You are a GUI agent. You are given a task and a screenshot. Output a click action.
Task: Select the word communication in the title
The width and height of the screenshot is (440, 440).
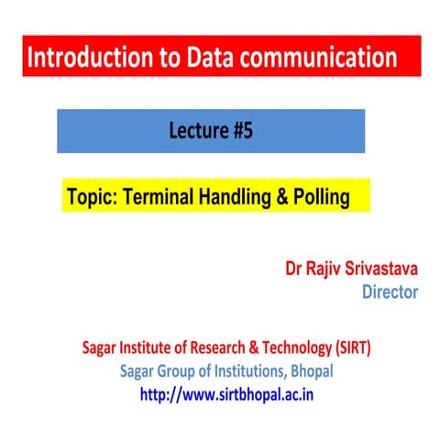(321, 58)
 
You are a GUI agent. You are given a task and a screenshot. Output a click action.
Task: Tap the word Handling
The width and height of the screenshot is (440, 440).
(242, 196)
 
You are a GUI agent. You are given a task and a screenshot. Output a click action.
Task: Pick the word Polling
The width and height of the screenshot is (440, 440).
(320, 196)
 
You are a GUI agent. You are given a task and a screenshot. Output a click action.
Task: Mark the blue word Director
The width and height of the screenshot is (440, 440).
(390, 292)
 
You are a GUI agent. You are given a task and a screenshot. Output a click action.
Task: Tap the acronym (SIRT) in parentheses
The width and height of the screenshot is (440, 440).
(346, 349)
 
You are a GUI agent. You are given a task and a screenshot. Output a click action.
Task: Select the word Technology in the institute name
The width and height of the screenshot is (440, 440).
(286, 349)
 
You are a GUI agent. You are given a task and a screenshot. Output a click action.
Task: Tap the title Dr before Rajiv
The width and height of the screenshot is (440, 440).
(294, 269)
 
